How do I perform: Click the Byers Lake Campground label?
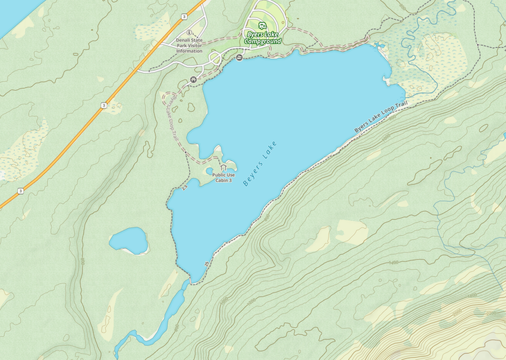pos(263,37)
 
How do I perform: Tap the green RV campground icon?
pos(263,25)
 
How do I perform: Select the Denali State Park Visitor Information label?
pos(189,45)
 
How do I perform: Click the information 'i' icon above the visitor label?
pos(189,33)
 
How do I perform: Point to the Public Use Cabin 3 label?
pos(224,178)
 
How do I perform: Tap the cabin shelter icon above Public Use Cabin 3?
pos(223,168)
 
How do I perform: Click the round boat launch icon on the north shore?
pos(238,58)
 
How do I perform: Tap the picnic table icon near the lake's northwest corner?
pos(193,79)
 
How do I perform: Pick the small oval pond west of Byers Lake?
pos(129,241)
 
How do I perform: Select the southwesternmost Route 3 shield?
pos(21,191)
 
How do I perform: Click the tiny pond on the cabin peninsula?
pos(210,171)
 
